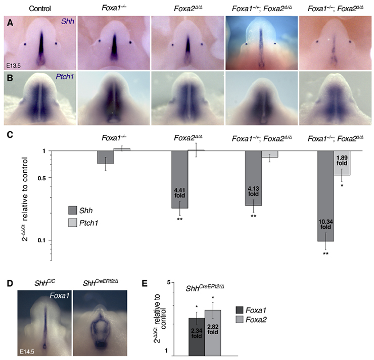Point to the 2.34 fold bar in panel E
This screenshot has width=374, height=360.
197,336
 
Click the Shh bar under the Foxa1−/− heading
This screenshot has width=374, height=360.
106,157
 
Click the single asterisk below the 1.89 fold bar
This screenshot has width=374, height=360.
342,185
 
